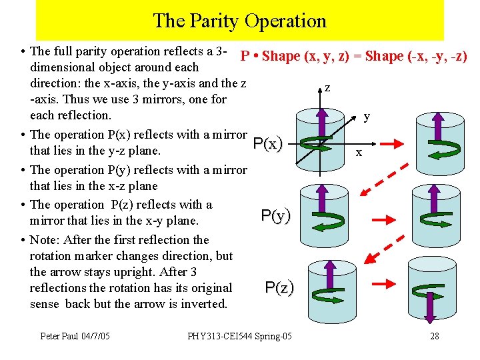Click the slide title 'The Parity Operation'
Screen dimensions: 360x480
(x=239, y=21)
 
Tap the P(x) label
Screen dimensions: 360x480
(x=268, y=143)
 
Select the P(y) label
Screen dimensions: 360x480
(x=276, y=215)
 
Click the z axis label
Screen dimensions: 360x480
(x=327, y=87)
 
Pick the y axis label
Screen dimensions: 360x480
(x=367, y=117)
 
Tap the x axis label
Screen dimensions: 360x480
(x=359, y=153)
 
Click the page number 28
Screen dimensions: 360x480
(x=434, y=336)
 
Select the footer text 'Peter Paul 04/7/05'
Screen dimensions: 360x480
(x=75, y=336)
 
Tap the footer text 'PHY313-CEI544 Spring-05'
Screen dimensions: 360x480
(x=239, y=336)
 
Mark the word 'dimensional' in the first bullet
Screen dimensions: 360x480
(x=61, y=67)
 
